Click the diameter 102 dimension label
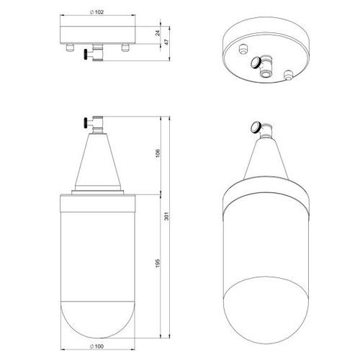click(x=97, y=12)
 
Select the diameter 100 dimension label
click(x=97, y=346)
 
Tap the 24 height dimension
click(x=158, y=33)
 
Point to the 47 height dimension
click(x=167, y=42)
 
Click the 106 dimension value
click(x=158, y=153)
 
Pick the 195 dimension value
click(x=158, y=263)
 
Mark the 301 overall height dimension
click(x=167, y=216)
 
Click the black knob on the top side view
click(x=85, y=54)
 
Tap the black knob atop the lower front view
click(x=85, y=123)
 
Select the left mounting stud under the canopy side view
click(x=70, y=48)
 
